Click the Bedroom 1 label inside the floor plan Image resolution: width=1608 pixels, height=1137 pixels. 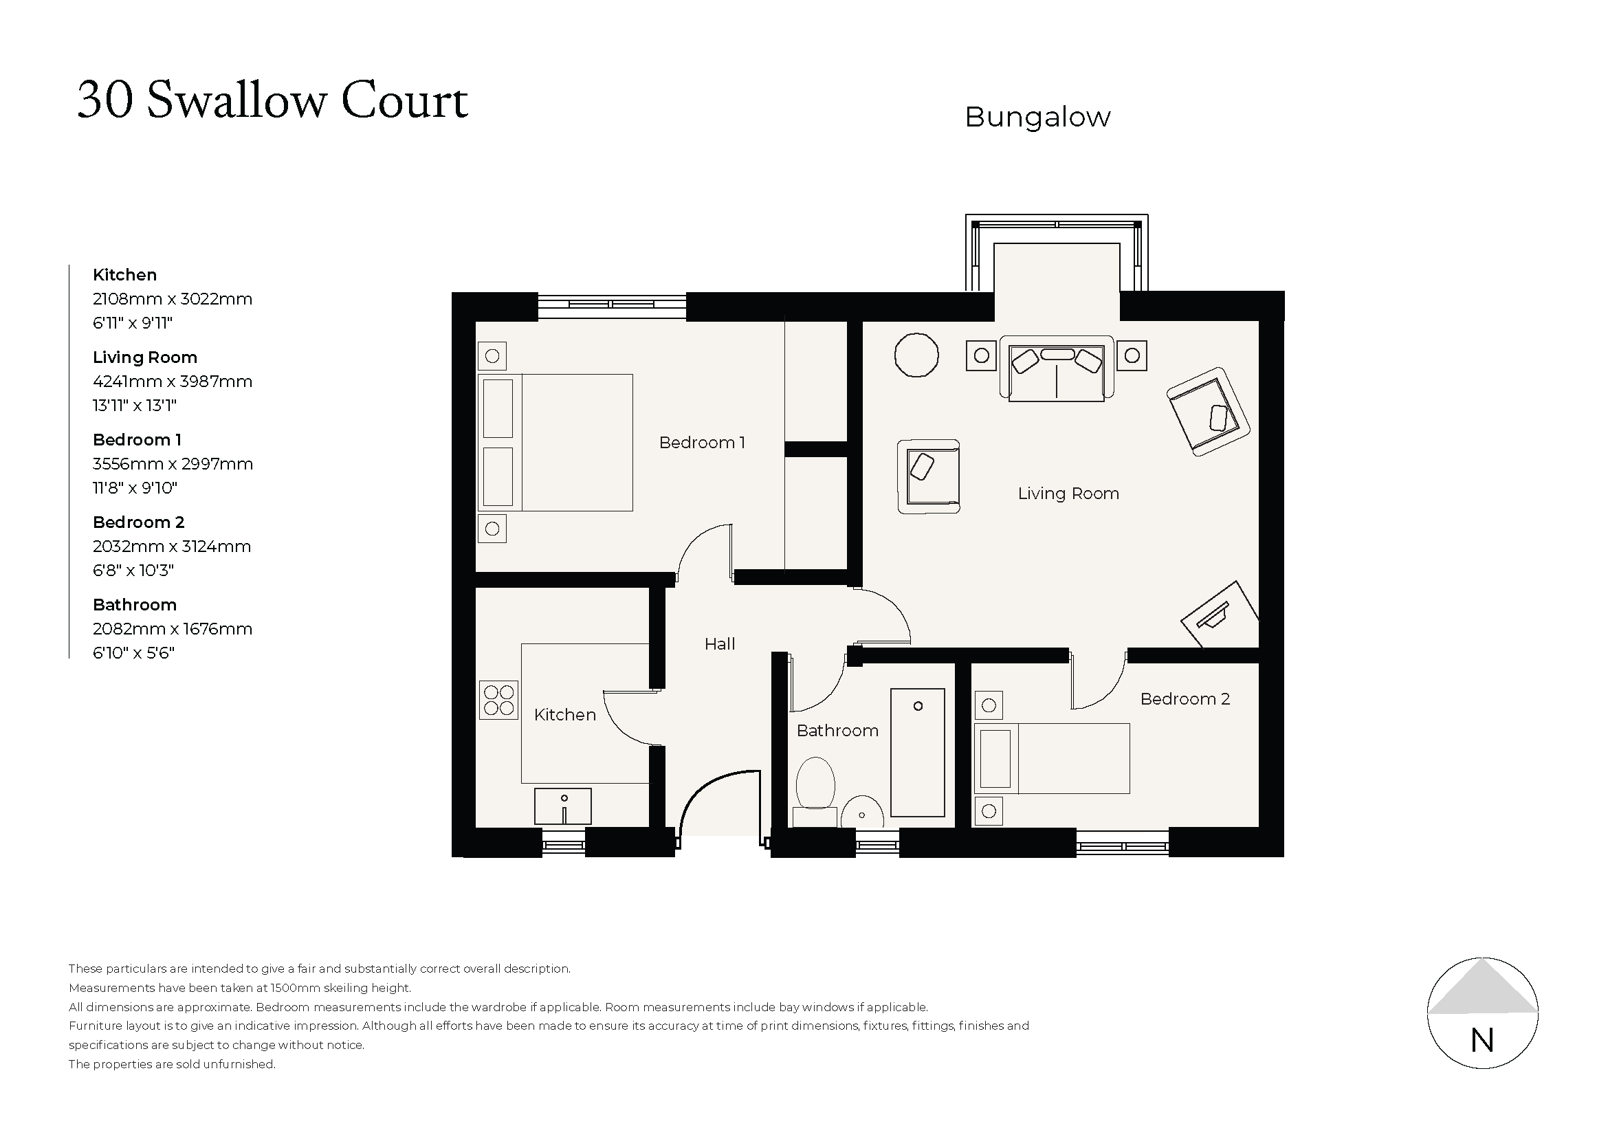(x=702, y=443)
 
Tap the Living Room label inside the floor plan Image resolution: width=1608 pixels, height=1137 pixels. (x=1068, y=494)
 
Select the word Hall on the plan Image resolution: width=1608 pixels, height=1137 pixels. (x=719, y=644)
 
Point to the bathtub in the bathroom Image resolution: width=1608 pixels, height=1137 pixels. (x=918, y=753)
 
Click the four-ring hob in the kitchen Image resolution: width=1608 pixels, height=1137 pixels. (x=498, y=700)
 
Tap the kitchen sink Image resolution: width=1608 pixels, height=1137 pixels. (x=562, y=806)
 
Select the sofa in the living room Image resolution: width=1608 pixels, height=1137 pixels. (x=1057, y=369)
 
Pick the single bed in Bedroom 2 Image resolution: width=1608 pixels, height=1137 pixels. (x=1052, y=758)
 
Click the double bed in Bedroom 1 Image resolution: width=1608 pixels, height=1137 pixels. (x=555, y=443)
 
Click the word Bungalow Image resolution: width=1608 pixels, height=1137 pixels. (x=1037, y=118)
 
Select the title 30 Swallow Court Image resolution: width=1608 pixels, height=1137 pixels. (x=272, y=101)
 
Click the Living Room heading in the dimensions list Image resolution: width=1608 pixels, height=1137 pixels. (x=145, y=357)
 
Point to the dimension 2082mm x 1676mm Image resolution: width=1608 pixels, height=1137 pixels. (x=173, y=629)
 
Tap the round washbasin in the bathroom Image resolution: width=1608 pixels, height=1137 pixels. (x=862, y=813)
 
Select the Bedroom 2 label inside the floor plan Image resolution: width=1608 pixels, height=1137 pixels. (x=1185, y=698)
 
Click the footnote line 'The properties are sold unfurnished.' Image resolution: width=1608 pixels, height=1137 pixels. (x=173, y=1065)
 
